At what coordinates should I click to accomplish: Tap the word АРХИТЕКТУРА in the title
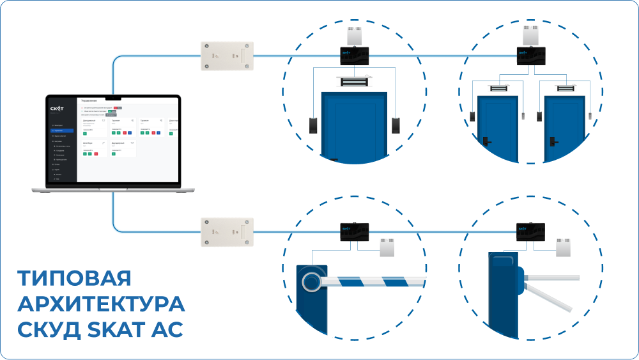pos(101,304)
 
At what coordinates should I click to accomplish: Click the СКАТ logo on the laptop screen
pos(58,109)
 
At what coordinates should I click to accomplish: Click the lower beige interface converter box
pos(227,231)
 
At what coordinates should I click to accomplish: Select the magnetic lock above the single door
pos(355,82)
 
